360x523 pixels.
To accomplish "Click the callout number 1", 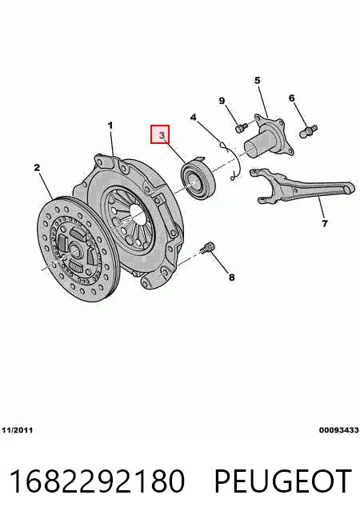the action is (110, 126).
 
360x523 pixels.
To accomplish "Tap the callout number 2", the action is (37, 167).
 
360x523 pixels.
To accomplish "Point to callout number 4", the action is (193, 118).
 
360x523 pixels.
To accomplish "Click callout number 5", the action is (258, 81).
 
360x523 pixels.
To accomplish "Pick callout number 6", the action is (292, 98).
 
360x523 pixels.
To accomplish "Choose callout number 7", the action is (325, 223).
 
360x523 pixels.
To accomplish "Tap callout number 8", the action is (231, 277).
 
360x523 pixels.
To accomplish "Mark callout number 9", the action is (222, 101).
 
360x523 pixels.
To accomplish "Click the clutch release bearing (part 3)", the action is (198, 178).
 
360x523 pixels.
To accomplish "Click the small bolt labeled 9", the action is (242, 128).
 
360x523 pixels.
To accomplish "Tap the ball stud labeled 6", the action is (309, 131).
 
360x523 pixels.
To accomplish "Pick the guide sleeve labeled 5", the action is (269, 138).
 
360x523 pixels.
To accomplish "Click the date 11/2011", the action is (18, 430).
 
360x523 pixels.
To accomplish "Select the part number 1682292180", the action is (97, 481).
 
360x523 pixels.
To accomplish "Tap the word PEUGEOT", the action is (282, 481).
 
